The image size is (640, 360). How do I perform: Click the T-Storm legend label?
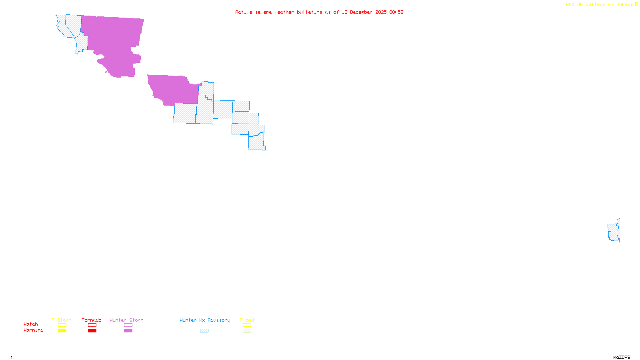(x=62, y=320)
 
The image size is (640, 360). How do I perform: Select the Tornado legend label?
(x=92, y=320)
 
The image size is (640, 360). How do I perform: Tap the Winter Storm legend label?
(x=126, y=320)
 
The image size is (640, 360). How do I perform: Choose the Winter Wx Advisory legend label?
(x=205, y=320)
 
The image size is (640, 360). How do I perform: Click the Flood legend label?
(x=247, y=320)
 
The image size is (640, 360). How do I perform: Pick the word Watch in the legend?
(x=31, y=324)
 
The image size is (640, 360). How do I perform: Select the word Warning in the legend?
(x=33, y=330)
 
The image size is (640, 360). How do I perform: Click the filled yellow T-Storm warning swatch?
(x=62, y=331)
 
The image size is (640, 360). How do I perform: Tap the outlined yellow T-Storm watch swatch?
(x=62, y=325)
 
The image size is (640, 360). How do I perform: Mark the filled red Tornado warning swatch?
(x=92, y=331)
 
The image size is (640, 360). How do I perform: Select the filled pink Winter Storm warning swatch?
(x=128, y=331)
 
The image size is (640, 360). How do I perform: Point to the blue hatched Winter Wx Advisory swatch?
(x=204, y=331)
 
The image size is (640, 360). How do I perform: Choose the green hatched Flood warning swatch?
(x=247, y=331)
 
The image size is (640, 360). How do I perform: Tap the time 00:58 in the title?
(x=396, y=12)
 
